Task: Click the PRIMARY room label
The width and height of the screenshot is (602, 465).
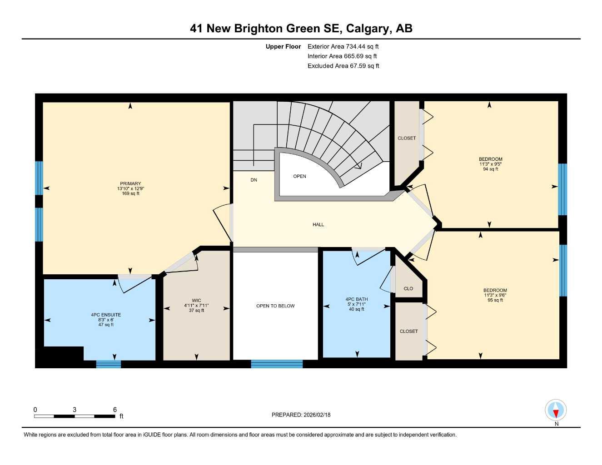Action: click(130, 183)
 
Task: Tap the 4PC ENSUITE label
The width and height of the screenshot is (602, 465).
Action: click(106, 315)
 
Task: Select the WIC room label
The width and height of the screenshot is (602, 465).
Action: click(196, 301)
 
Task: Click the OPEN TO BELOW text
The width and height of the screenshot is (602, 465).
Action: click(275, 306)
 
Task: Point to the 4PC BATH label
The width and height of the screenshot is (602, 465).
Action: click(357, 299)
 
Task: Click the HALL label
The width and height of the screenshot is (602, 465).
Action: click(318, 224)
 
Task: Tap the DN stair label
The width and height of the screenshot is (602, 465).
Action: click(254, 180)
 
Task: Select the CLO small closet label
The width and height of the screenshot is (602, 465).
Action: click(408, 288)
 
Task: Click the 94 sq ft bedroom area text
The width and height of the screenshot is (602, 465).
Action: click(490, 169)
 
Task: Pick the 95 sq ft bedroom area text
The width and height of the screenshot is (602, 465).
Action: click(495, 300)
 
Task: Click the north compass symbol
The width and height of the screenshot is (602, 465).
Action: click(555, 411)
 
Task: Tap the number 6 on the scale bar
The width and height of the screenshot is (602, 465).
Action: click(115, 410)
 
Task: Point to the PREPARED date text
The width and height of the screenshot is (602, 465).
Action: click(301, 415)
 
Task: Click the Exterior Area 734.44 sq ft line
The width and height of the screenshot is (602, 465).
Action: click(343, 46)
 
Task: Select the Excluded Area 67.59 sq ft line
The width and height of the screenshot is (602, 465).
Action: click(343, 66)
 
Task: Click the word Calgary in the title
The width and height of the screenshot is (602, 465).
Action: click(368, 28)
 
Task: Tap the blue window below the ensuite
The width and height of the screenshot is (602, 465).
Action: click(109, 364)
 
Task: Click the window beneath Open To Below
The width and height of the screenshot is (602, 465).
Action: click(277, 364)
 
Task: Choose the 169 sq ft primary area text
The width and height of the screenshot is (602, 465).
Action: click(130, 193)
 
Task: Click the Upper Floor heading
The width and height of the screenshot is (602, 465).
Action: click(283, 46)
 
